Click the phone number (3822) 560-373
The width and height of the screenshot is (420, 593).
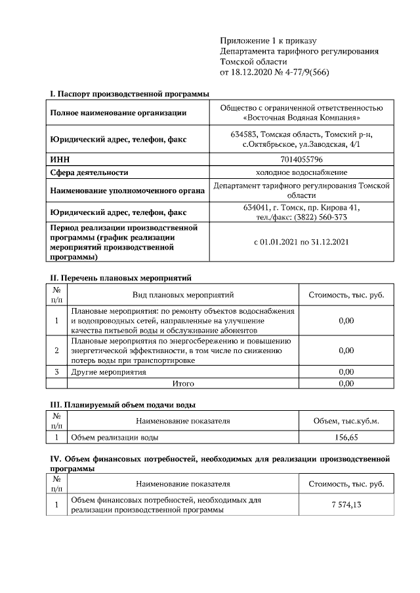[x=322, y=218]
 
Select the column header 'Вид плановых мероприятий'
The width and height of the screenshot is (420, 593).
[x=183, y=295]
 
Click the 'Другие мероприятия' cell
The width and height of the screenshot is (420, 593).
[x=108, y=372]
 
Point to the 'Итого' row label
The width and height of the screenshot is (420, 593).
[x=183, y=383]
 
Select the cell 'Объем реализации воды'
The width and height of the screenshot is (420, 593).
[x=114, y=436]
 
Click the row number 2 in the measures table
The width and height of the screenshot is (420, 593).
[x=56, y=351]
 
